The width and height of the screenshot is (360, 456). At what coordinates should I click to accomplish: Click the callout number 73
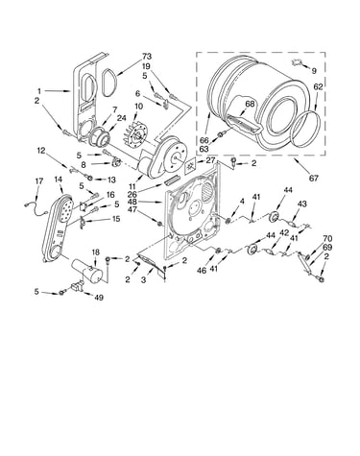pos(147,57)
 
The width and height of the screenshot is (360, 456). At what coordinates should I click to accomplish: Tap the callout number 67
pos(314,178)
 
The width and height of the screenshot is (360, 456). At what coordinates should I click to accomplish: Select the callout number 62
pos(318,86)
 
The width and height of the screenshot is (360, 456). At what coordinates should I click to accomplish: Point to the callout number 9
pos(314,71)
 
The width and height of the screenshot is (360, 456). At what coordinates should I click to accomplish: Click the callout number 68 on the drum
pos(250,104)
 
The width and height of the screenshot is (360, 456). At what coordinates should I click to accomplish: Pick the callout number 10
pos(139,106)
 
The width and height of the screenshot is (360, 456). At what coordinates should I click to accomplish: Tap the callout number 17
pos(39,181)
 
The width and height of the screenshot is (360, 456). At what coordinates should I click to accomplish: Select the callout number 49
pos(99,298)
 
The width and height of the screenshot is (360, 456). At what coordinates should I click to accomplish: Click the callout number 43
pos(301,204)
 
